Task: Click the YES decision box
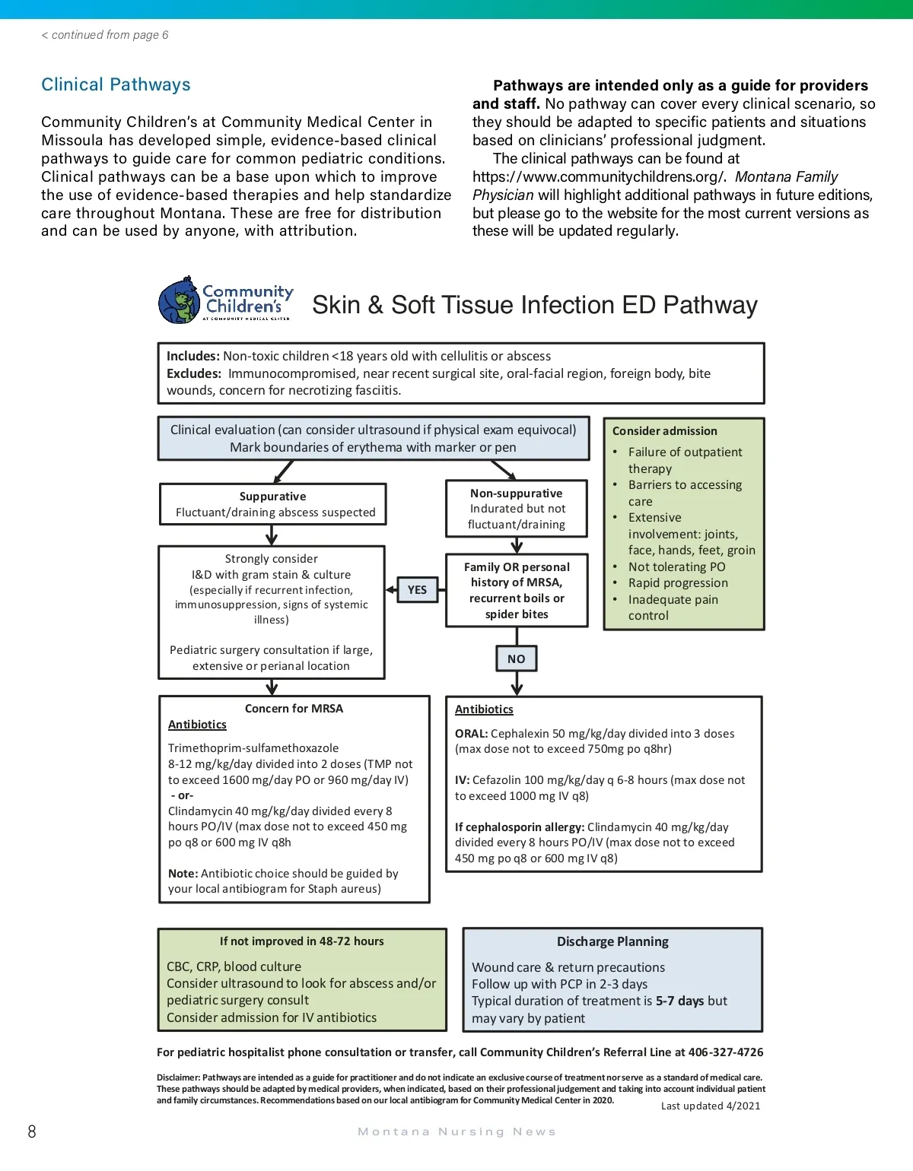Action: [417, 590]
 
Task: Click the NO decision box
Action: [517, 659]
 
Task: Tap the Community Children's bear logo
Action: [180, 301]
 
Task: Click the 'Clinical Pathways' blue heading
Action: [116, 84]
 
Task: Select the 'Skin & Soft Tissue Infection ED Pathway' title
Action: [534, 305]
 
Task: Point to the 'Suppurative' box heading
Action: [272, 497]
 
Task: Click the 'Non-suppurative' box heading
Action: [517, 493]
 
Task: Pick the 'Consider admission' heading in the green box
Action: [664, 431]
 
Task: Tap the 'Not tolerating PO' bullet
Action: [676, 567]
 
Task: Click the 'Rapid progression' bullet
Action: [678, 583]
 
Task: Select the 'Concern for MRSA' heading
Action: [294, 709]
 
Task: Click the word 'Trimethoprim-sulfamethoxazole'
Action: [253, 748]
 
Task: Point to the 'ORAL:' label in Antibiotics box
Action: [471, 734]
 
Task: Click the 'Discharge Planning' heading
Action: [612, 942]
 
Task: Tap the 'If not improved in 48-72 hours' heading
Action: [301, 941]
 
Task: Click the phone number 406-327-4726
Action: [726, 1052]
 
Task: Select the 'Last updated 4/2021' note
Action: [711, 1106]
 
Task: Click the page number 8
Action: [32, 1132]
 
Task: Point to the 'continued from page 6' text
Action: [105, 35]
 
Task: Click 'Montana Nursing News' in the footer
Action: [456, 1132]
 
